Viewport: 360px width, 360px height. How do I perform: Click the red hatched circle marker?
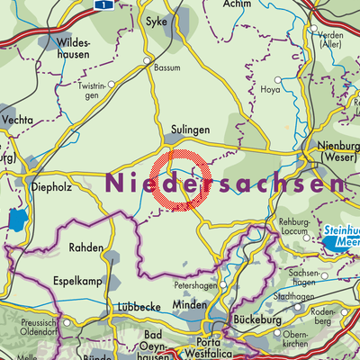(x=180, y=184)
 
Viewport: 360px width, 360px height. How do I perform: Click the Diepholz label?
(x=40, y=176)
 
